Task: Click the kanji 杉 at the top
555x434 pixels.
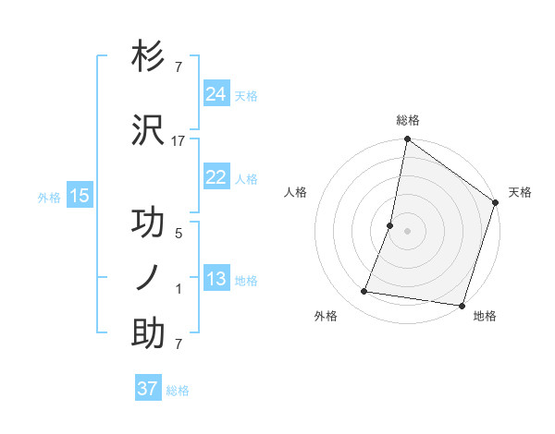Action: [149, 57]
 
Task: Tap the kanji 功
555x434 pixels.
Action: [149, 223]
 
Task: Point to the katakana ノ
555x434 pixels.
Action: [149, 277]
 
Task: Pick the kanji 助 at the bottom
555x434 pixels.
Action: [149, 332]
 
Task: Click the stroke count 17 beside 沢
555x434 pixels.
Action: [179, 140]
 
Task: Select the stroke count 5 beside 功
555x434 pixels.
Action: [179, 234]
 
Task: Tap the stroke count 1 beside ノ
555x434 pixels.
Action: [179, 289]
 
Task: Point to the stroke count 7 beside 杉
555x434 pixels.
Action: [179, 67]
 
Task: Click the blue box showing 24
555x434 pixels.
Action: [216, 93]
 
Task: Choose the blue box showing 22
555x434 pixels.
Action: [216, 177]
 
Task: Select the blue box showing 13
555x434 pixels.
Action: [216, 279]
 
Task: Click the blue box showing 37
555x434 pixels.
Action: [148, 389]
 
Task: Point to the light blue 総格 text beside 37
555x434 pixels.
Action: [179, 391]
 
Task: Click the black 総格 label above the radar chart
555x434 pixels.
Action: [407, 120]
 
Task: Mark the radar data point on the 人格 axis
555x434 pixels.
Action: [390, 225]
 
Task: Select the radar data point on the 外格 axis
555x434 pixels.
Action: [364, 292]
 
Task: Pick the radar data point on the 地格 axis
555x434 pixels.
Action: [461, 306]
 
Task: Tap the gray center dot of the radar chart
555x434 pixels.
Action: [407, 231]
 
